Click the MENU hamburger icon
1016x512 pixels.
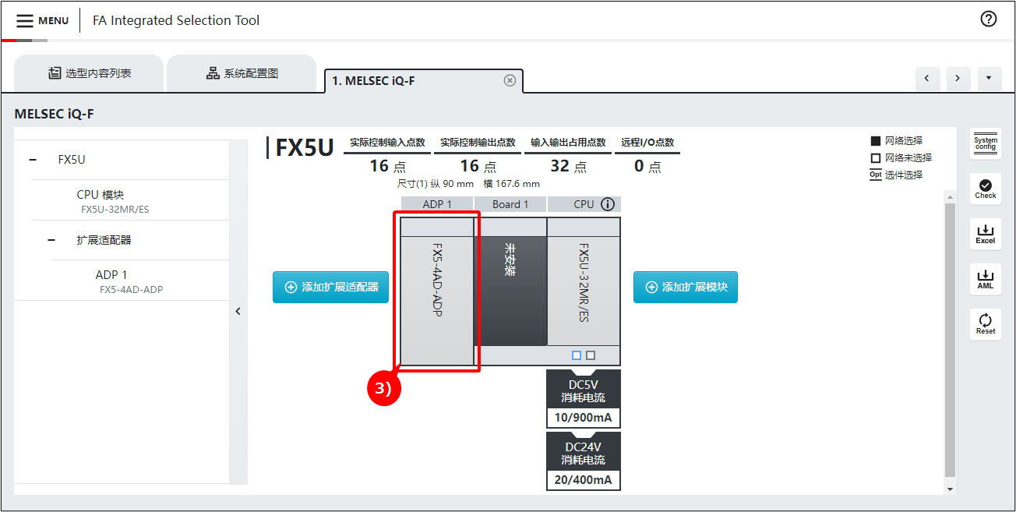(x=24, y=20)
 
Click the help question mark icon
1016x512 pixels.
(x=988, y=19)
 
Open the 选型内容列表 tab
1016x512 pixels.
(x=90, y=73)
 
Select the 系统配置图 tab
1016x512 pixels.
(x=242, y=73)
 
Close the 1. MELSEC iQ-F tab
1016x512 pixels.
(x=510, y=80)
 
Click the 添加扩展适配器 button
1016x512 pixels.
(x=330, y=287)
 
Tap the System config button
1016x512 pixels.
(x=985, y=143)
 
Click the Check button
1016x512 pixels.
(x=985, y=189)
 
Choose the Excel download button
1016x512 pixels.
(x=985, y=234)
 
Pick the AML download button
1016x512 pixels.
(x=985, y=279)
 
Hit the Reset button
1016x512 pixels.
(x=985, y=324)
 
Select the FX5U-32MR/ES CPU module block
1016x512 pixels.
(x=584, y=281)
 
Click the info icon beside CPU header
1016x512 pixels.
(x=608, y=204)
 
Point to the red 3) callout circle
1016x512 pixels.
(x=383, y=388)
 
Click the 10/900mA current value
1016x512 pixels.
(x=584, y=417)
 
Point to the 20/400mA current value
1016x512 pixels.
(x=584, y=479)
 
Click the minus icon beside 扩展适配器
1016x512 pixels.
(x=51, y=240)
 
